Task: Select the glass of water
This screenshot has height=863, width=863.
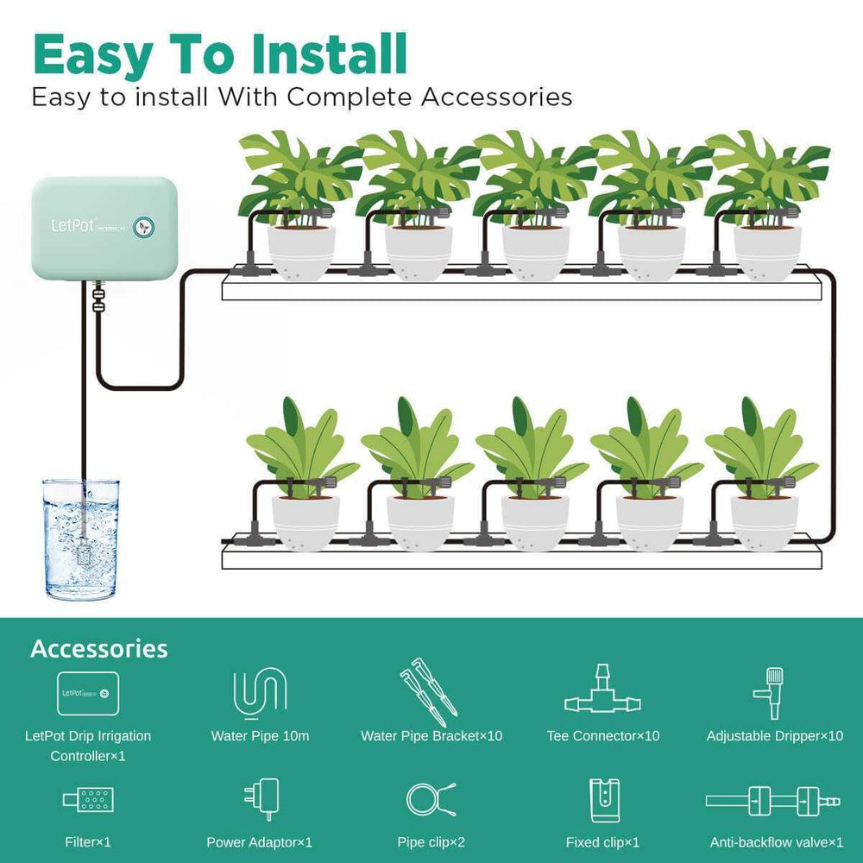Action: coord(81,539)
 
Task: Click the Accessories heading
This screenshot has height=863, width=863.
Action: coord(98,649)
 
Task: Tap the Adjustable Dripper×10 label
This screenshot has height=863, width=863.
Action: coord(774,736)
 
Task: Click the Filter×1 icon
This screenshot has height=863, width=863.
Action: coord(89,800)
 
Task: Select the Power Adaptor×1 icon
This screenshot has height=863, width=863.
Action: coord(261,799)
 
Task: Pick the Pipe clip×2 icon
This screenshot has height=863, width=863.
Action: coord(430,799)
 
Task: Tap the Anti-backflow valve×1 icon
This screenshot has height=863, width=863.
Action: coord(772,800)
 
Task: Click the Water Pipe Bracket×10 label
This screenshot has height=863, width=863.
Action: coord(431,736)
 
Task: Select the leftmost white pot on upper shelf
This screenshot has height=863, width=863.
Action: coord(301,252)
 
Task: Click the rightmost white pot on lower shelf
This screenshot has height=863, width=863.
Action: coord(764,522)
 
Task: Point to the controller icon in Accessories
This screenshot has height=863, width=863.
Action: coord(88,692)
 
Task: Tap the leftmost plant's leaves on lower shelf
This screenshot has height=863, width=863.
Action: coord(299,444)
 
